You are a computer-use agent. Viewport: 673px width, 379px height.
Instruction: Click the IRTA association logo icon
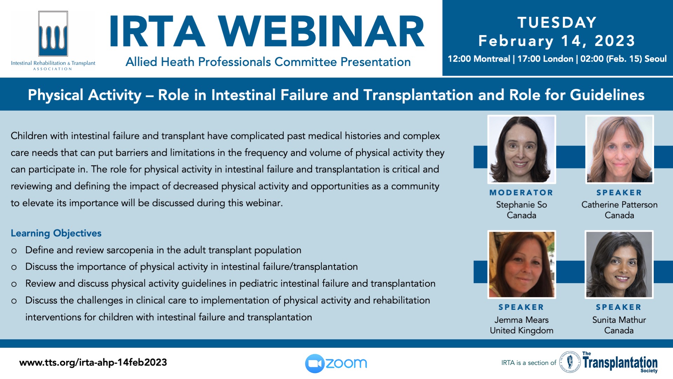click(53, 34)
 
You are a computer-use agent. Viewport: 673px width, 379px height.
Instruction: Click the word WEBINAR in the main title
click(321, 32)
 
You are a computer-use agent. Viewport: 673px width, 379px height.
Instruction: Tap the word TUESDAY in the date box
click(557, 22)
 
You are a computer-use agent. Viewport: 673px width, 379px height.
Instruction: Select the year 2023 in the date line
click(615, 41)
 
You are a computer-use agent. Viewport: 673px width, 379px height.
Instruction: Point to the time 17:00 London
click(545, 59)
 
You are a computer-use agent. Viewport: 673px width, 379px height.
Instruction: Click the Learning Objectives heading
click(56, 233)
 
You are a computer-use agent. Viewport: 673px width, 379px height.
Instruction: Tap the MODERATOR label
click(521, 193)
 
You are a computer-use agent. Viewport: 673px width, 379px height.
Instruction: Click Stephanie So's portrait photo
click(522, 149)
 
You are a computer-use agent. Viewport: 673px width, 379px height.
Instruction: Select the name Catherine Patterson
click(619, 205)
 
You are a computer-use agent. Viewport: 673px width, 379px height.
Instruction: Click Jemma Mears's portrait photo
click(522, 265)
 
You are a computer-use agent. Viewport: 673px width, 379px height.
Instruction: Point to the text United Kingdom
click(522, 330)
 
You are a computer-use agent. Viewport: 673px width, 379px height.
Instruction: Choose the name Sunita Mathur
click(619, 320)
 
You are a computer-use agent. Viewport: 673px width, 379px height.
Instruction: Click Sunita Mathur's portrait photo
click(619, 265)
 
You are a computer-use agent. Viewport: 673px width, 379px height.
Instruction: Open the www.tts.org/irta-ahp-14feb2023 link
click(93, 363)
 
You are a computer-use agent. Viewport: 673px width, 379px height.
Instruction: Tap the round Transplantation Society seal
click(570, 362)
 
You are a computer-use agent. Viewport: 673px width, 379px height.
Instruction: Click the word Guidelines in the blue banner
click(607, 95)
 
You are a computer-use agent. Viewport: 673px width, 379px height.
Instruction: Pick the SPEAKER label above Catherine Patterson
click(619, 193)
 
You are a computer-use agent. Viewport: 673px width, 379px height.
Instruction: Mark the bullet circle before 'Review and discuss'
click(14, 285)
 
